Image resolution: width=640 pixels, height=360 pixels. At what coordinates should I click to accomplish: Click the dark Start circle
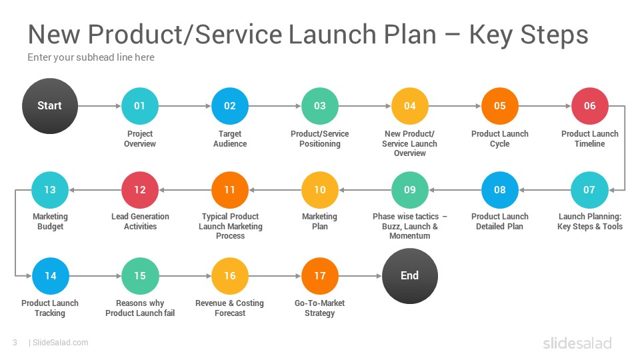point(50,106)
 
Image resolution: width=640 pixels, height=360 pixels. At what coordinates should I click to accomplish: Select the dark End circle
point(410,276)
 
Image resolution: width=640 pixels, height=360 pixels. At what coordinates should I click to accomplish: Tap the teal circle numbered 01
point(140,106)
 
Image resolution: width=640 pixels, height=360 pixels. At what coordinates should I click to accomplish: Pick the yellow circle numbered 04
point(410,106)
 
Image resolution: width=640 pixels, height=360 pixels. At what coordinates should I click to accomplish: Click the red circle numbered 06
point(590,106)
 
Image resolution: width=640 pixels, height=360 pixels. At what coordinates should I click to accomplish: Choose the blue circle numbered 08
point(500,190)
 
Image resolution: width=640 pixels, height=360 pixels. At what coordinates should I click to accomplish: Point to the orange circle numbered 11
point(230,190)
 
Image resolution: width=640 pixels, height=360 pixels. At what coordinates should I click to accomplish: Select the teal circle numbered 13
point(50,190)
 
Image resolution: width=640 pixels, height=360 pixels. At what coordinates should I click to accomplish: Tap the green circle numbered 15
point(140,276)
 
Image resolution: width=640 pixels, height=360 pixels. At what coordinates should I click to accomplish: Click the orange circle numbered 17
point(320,276)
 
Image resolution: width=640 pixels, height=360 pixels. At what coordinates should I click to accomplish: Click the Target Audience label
point(230,139)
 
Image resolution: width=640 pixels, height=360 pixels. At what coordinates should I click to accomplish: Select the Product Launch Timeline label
point(590,139)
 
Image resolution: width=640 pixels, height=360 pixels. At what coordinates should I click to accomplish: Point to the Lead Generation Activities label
point(140,221)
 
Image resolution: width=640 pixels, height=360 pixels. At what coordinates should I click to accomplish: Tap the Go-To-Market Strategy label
point(319,308)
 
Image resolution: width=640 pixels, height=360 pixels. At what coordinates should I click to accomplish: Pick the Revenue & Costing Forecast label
point(230,308)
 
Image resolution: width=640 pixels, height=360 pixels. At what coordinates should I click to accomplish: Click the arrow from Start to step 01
point(99,106)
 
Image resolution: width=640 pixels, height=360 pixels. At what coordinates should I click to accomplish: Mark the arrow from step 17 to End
point(361,276)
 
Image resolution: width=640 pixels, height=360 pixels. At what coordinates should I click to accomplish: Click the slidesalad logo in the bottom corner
point(577,343)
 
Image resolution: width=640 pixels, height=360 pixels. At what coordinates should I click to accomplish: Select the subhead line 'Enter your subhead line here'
point(91,57)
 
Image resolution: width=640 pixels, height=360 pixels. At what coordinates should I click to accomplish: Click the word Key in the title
point(491,35)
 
